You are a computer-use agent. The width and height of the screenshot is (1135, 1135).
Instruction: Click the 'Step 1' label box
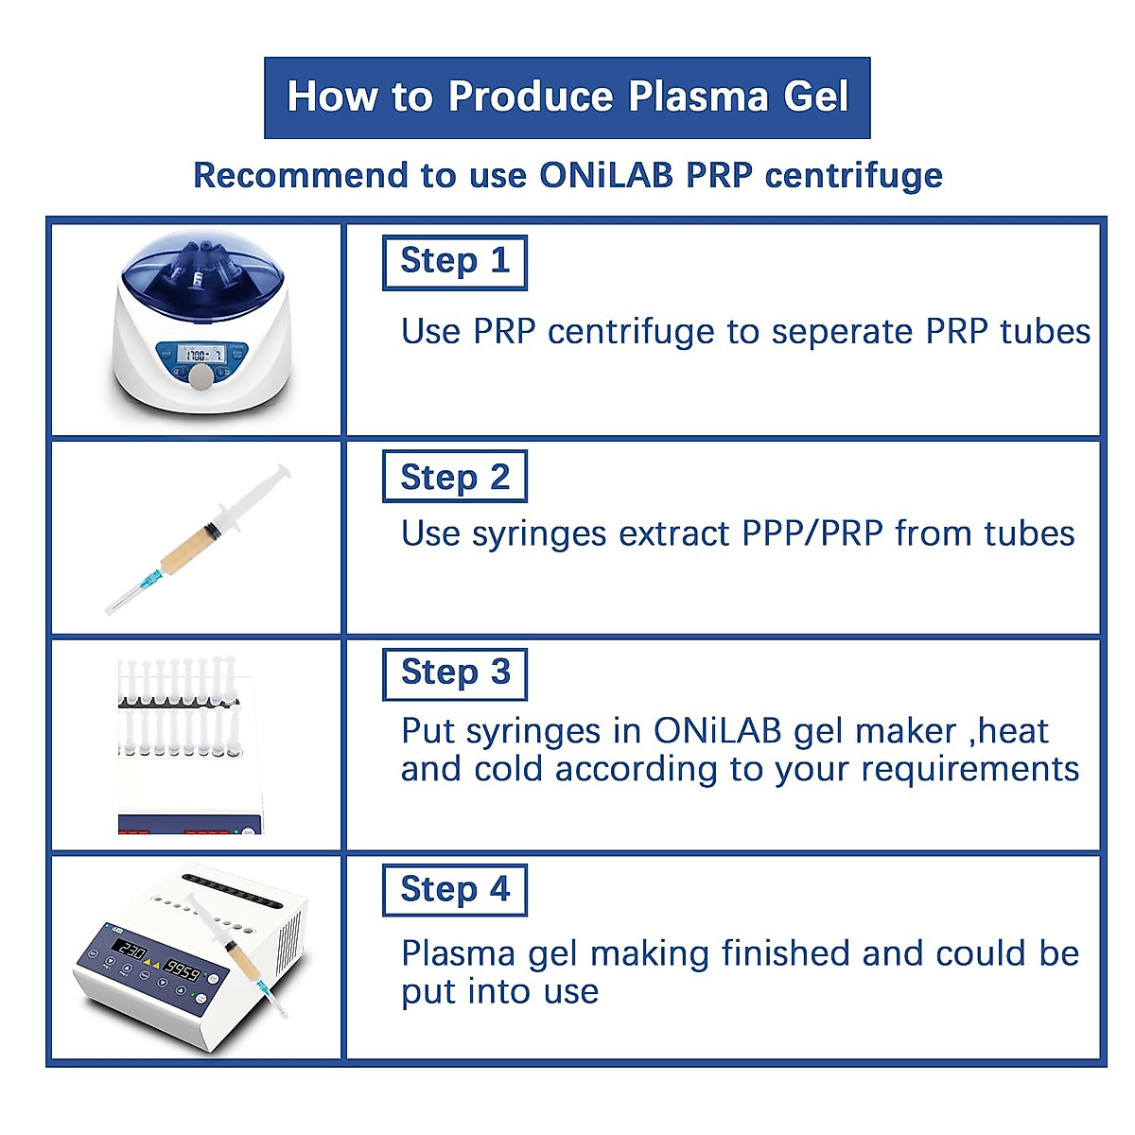click(x=454, y=262)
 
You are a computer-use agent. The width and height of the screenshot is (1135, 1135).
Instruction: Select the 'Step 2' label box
click(x=454, y=478)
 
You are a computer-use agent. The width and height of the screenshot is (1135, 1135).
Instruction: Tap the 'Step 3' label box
click(x=454, y=673)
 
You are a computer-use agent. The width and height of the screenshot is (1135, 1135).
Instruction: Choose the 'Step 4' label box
click(x=454, y=890)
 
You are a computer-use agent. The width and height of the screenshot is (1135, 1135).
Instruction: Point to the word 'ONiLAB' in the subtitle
click(x=606, y=175)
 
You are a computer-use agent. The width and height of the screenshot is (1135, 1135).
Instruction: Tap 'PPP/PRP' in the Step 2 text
click(x=812, y=534)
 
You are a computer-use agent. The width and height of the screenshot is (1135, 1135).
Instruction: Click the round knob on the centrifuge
click(x=201, y=378)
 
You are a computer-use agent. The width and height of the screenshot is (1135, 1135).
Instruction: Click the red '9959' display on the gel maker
click(x=182, y=971)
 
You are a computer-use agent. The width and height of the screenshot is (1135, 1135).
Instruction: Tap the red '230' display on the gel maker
click(x=131, y=951)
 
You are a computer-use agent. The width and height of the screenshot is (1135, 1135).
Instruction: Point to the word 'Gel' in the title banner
click(x=815, y=96)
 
